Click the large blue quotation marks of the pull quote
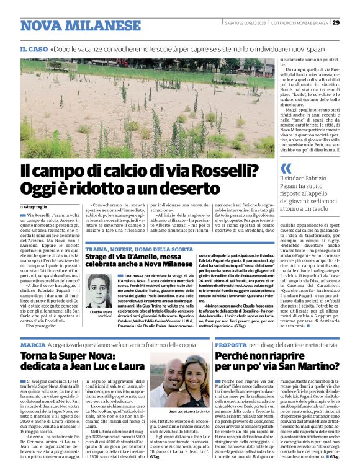pyautogui.click(x=286, y=168)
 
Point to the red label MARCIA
pyautogui.click(x=33, y=344)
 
